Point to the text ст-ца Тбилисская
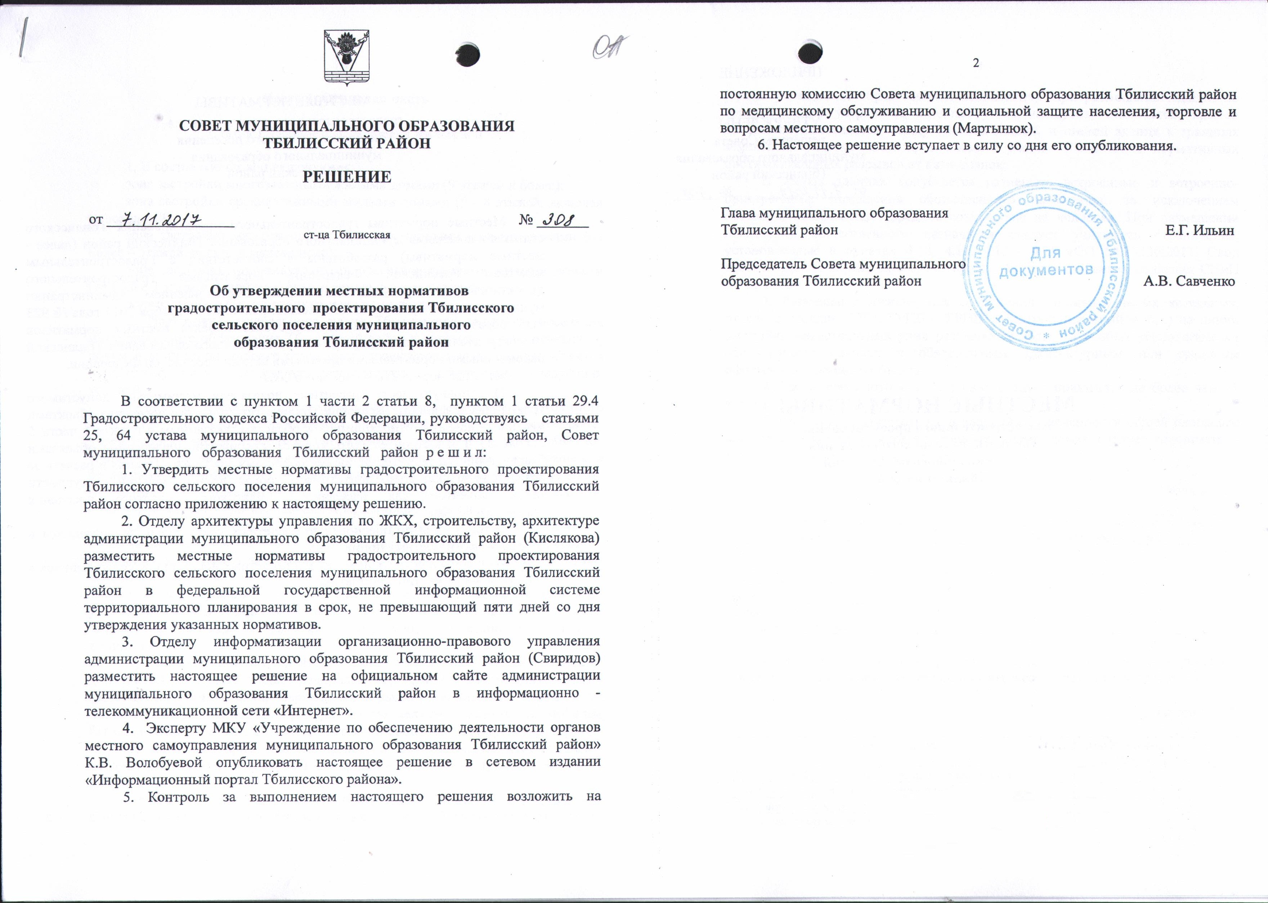347,234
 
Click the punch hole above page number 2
810,53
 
